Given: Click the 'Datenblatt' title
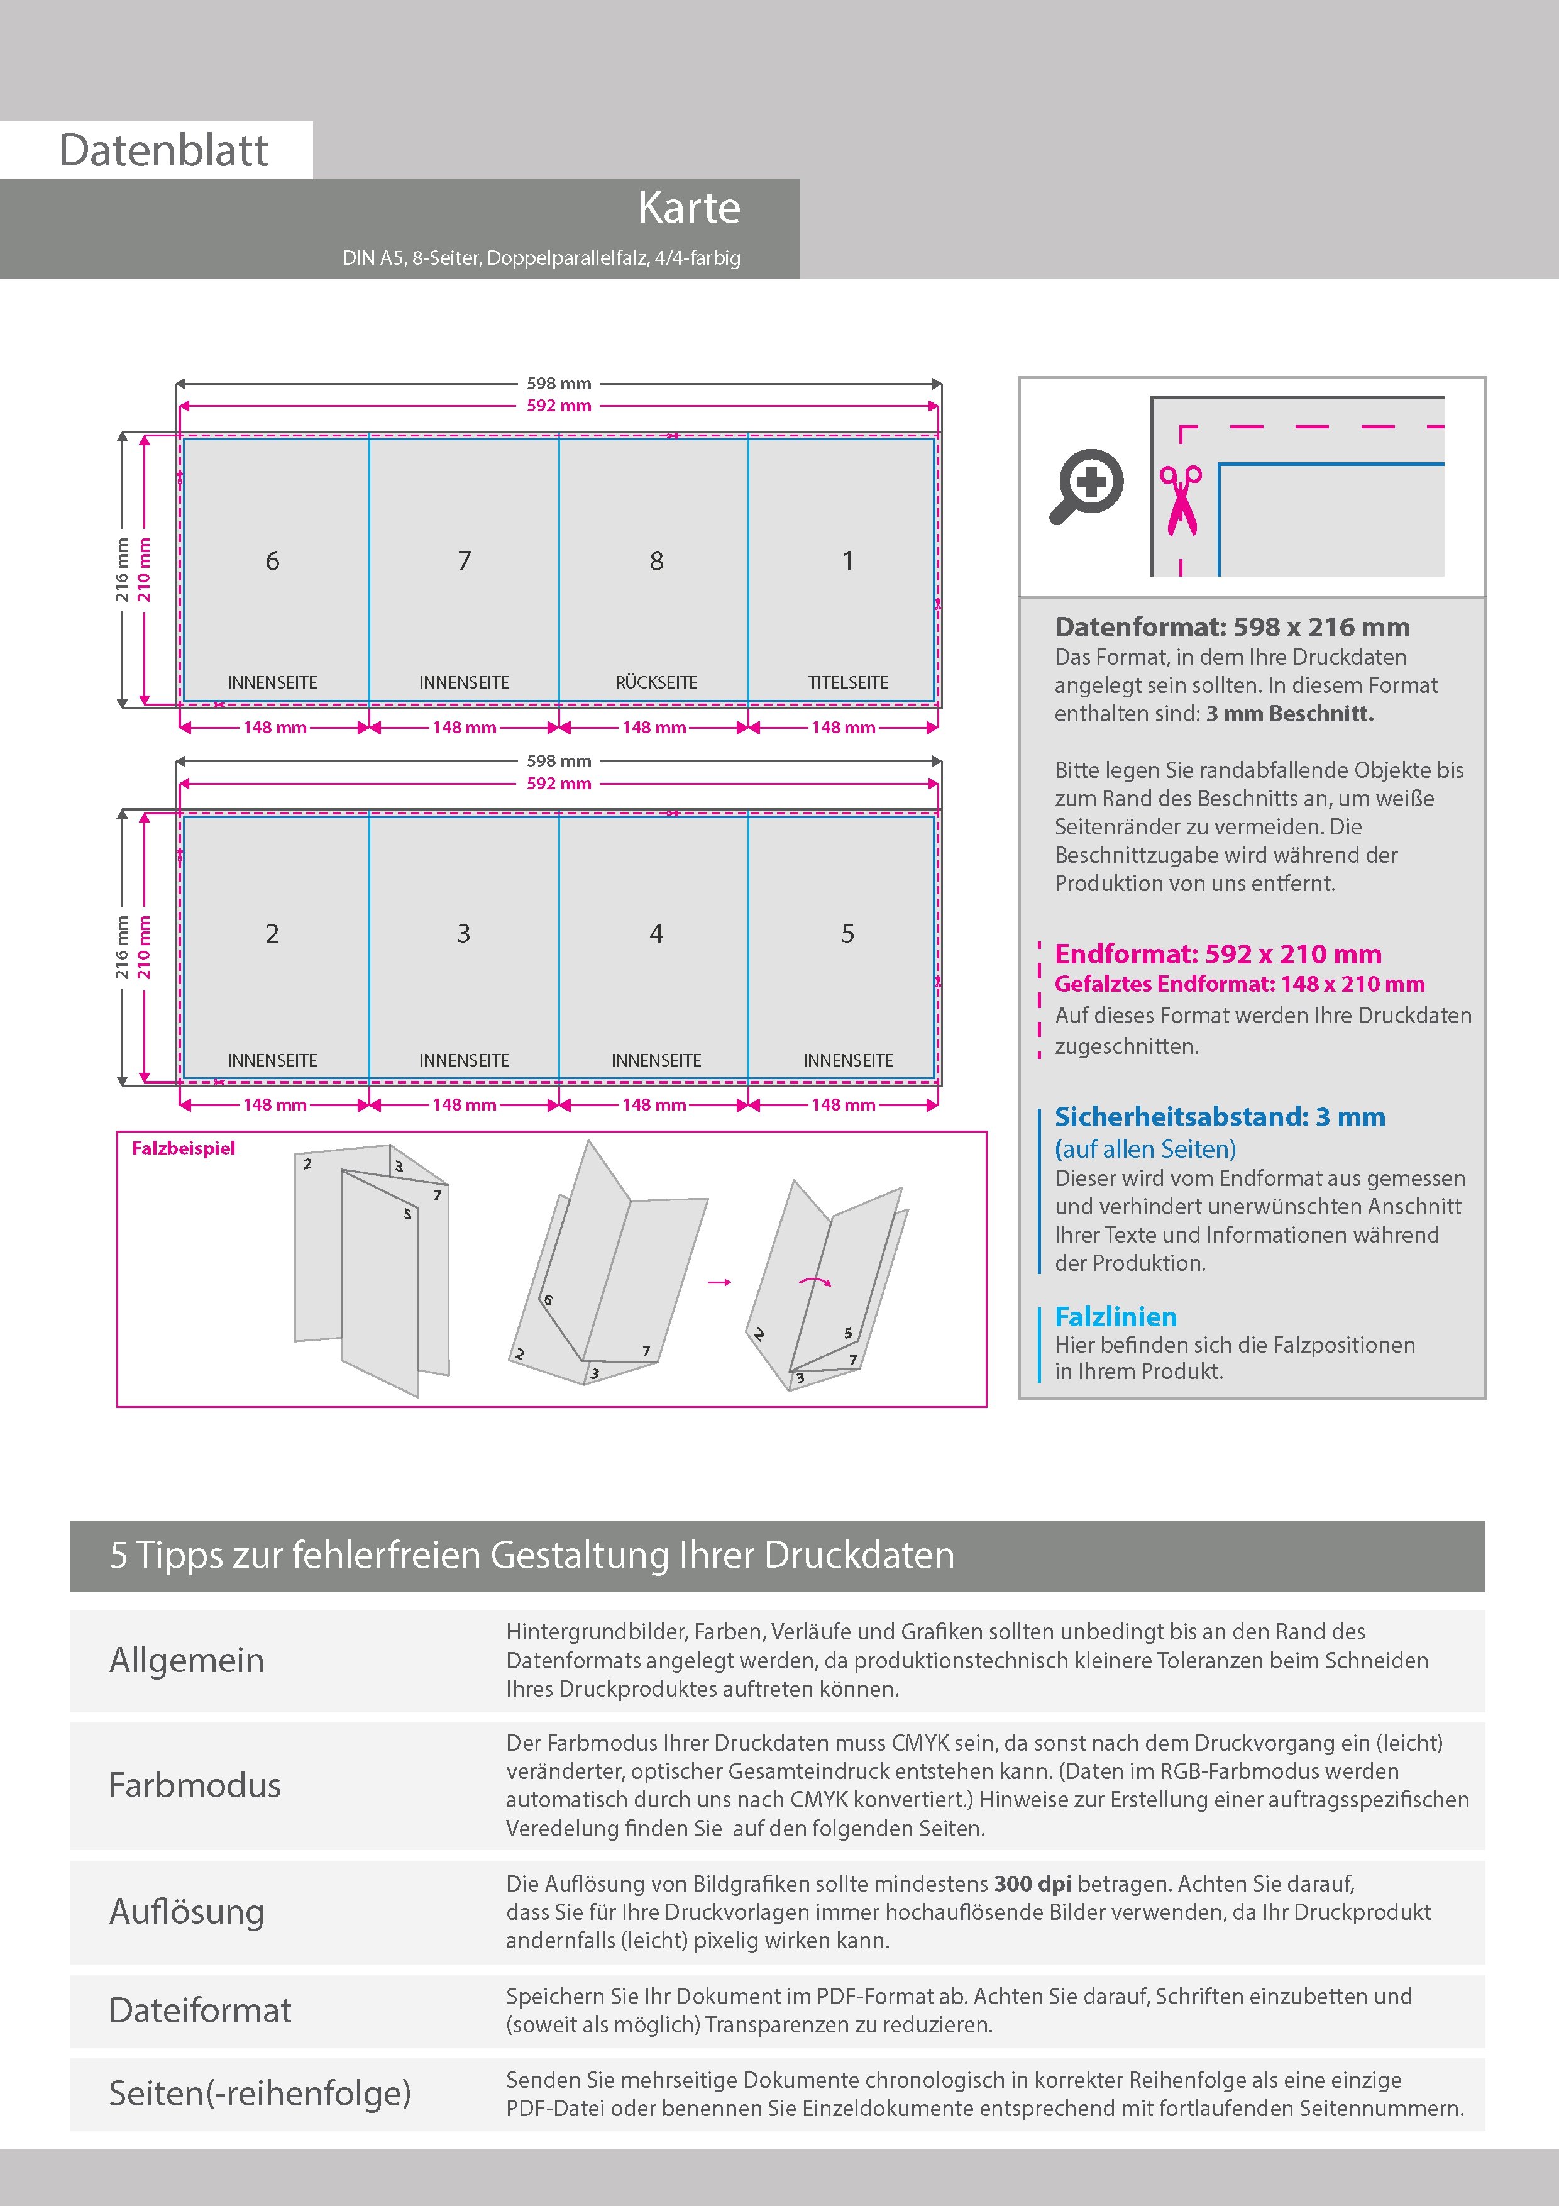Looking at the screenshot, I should [163, 151].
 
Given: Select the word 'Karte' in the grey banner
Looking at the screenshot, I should [689, 208].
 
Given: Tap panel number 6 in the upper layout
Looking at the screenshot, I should [273, 561].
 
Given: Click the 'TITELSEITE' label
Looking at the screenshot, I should [847, 682].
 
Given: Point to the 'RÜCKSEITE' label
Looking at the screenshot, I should [656, 682].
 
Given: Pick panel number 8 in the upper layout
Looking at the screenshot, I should [656, 561].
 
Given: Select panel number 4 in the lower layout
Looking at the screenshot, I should [656, 933].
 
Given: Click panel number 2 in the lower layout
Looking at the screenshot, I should [273, 933].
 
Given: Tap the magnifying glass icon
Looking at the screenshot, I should [1086, 485].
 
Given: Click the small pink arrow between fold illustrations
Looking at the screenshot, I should [719, 1282].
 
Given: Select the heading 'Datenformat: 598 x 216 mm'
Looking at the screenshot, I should [1231, 628].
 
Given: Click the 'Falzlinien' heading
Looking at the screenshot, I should [1115, 1316].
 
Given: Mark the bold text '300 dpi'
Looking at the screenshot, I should [1033, 1883].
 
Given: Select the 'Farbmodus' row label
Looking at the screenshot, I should [195, 1785].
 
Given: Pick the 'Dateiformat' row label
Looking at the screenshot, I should [200, 2010].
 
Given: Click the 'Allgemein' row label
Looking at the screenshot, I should [186, 1660].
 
